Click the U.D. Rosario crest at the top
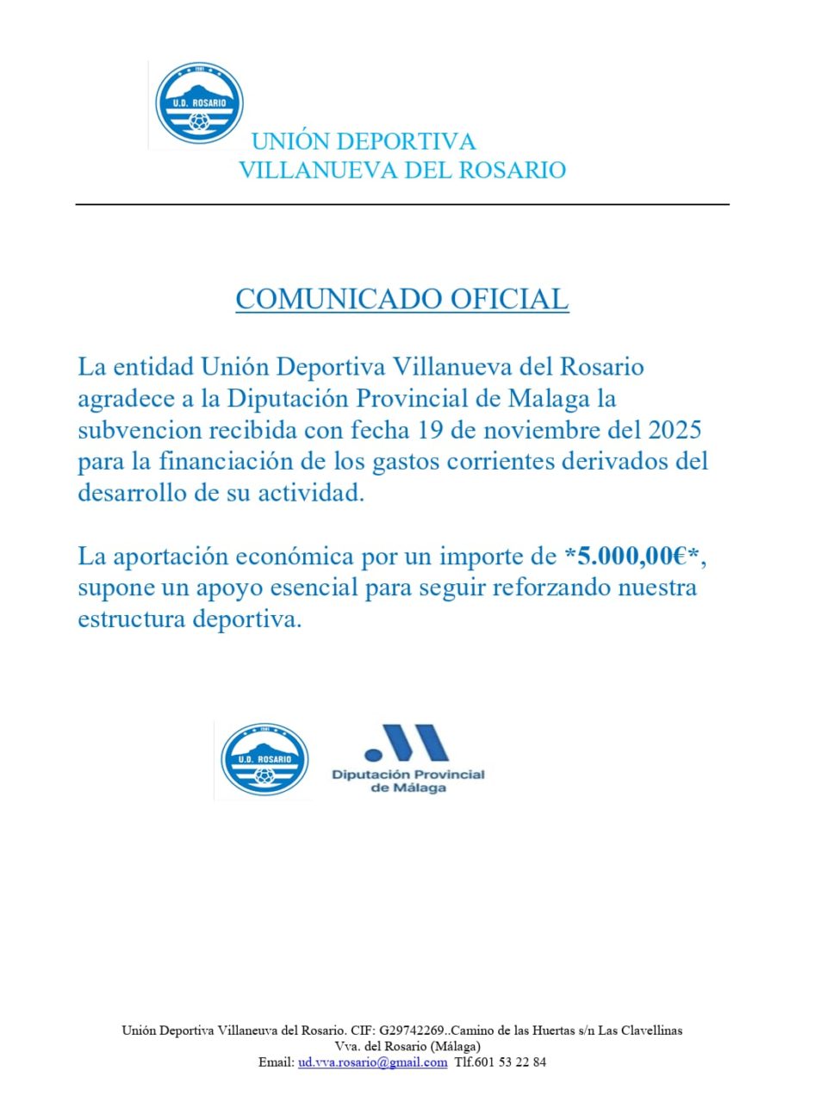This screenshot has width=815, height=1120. point(199,103)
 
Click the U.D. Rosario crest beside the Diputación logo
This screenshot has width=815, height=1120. point(264,760)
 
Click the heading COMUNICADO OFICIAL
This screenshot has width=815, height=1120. point(402,299)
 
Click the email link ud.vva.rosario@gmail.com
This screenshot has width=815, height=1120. point(372,1062)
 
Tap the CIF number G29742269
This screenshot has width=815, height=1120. point(412,1030)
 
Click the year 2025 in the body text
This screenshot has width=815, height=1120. point(670,429)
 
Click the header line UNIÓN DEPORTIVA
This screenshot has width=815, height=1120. point(363,141)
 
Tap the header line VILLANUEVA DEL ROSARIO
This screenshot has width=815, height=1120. point(401,170)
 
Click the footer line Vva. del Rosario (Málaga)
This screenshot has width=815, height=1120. point(401,1046)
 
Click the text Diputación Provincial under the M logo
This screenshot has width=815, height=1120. point(408,775)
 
